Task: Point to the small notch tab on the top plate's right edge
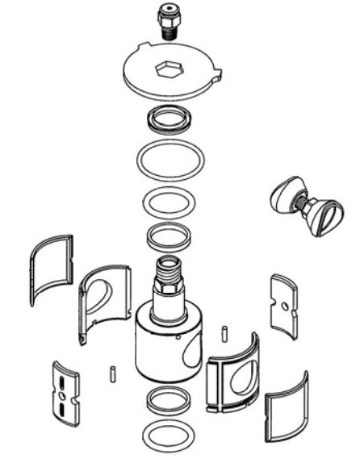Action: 216,79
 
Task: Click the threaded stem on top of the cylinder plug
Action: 169,275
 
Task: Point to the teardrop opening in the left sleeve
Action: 98,296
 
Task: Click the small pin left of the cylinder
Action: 112,373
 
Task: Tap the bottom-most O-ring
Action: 168,436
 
